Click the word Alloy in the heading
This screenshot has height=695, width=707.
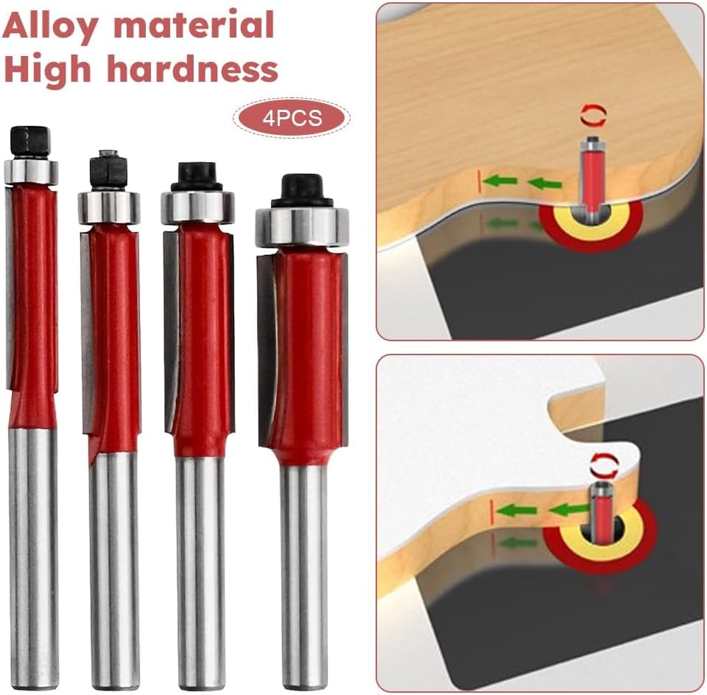pyautogui.click(x=49, y=27)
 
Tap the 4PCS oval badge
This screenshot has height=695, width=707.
pyautogui.click(x=292, y=118)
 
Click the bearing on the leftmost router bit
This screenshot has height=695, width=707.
pyautogui.click(x=31, y=171)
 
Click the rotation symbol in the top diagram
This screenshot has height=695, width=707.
pyautogui.click(x=592, y=116)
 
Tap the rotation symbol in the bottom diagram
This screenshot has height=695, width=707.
pyautogui.click(x=605, y=464)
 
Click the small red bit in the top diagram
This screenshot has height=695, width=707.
pyautogui.click(x=591, y=175)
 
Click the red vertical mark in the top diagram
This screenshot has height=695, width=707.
pyautogui.click(x=479, y=181)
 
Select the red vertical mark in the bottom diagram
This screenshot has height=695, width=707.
pyautogui.click(x=493, y=511)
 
